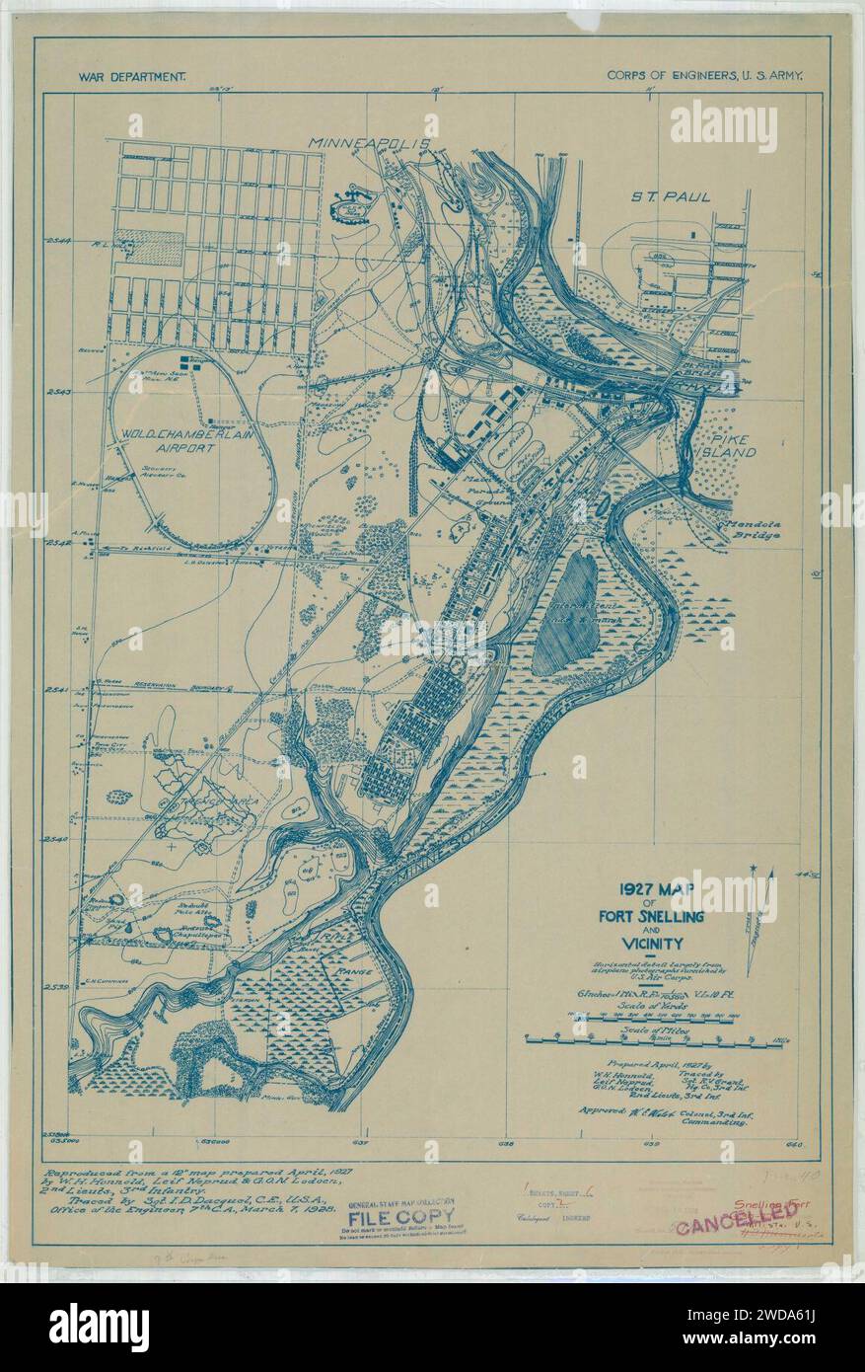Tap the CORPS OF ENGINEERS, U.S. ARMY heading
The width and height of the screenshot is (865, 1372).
pyautogui.click(x=705, y=74)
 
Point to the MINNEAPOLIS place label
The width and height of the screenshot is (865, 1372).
pyautogui.click(x=371, y=143)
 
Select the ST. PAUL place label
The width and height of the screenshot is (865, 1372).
pyautogui.click(x=672, y=196)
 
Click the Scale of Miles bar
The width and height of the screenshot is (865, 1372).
pyautogui.click(x=646, y=1039)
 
